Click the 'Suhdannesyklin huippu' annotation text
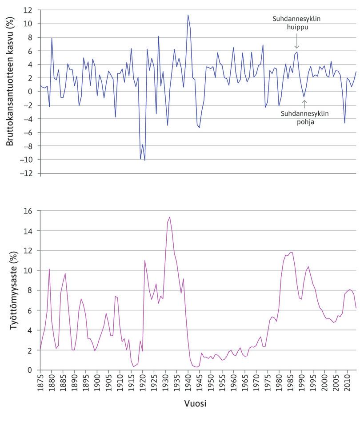297,23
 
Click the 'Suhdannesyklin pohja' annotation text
304,117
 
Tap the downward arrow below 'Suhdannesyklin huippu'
297,44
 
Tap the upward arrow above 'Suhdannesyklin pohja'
304,104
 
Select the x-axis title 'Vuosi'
195,404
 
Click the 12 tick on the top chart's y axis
29,10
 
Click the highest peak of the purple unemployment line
169,217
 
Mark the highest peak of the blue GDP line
188,15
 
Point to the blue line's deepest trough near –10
145,160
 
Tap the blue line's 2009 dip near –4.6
344,123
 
